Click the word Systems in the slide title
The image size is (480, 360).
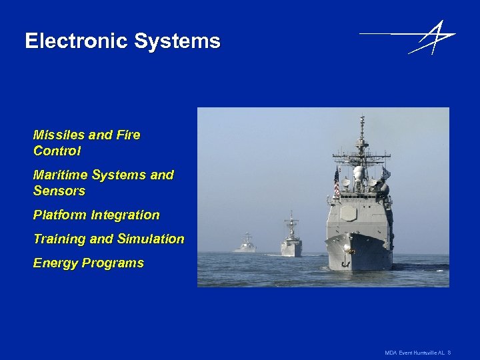click(177, 41)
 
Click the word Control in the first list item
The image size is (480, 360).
click(57, 151)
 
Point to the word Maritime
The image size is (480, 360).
click(61, 175)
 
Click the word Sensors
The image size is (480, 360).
click(59, 191)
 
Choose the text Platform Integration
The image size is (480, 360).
click(96, 215)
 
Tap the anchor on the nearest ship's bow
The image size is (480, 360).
click(345, 263)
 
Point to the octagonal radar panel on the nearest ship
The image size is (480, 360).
click(349, 213)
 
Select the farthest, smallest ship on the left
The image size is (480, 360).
click(246, 245)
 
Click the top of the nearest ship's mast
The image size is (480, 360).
click(362, 119)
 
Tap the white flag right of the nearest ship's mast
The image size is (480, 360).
click(385, 174)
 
